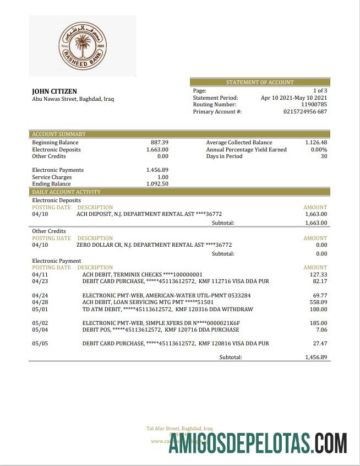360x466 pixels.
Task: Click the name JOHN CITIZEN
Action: pos(54,91)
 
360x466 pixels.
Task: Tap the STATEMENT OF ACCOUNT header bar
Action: pos(260,82)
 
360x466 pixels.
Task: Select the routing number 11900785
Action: pos(314,104)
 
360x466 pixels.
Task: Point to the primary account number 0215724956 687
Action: pos(305,111)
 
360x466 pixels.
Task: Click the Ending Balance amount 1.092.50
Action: pos(157,184)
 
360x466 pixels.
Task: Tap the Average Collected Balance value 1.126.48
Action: pos(316,142)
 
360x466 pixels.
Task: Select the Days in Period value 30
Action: pos(324,156)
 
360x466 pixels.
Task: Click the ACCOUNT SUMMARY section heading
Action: pos(59,134)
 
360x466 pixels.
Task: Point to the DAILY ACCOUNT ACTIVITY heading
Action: pos(66,192)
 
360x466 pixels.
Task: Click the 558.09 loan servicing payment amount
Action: pos(318,302)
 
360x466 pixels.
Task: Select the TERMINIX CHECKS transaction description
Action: pos(142,274)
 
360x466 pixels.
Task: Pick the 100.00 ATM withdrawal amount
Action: pos(318,310)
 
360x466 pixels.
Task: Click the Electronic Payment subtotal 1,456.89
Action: pos(316,357)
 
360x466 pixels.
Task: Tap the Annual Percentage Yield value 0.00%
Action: pos(319,149)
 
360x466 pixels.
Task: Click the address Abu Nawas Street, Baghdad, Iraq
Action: pos(73,100)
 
